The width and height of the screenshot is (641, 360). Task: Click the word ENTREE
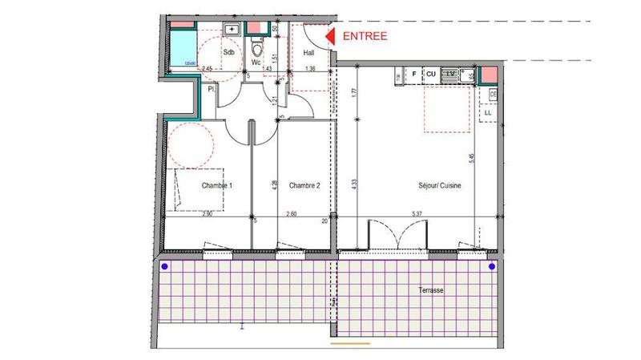(x=365, y=36)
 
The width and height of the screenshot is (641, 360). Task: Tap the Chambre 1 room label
(x=216, y=186)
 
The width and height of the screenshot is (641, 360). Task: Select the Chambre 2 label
(x=304, y=186)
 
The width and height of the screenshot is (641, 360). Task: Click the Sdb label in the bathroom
(x=228, y=53)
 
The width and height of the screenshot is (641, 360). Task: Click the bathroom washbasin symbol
(x=232, y=30)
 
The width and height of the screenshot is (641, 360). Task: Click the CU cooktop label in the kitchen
(x=430, y=74)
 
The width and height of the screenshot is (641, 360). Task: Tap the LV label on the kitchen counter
(x=450, y=74)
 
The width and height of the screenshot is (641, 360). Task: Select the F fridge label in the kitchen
(x=414, y=74)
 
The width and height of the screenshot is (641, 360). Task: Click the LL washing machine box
(x=488, y=113)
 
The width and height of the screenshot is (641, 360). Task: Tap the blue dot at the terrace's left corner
(x=165, y=266)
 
